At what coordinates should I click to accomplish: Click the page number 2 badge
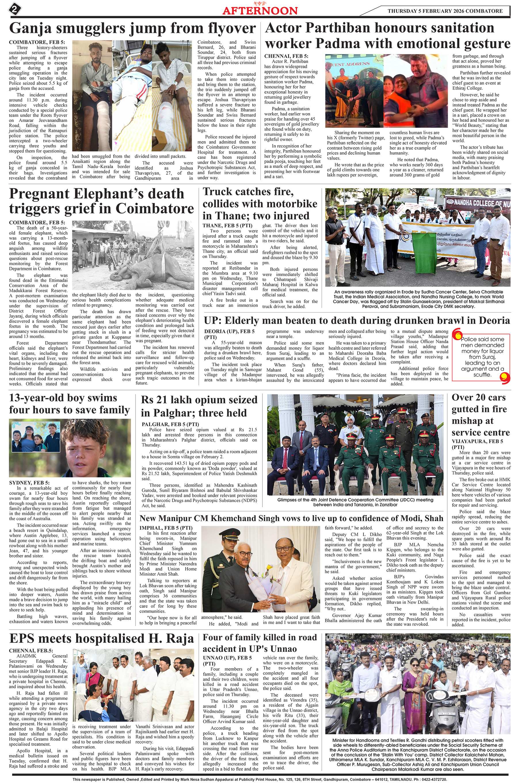pyautogui.click(x=15, y=9)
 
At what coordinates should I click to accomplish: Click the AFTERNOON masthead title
pyautogui.click(x=260, y=11)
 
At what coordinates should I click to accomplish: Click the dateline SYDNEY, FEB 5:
pyautogui.click(x=29, y=483)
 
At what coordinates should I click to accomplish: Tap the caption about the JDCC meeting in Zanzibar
pyautogui.click(x=355, y=502)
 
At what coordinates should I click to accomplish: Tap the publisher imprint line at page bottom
pyautogui.click(x=259, y=779)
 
